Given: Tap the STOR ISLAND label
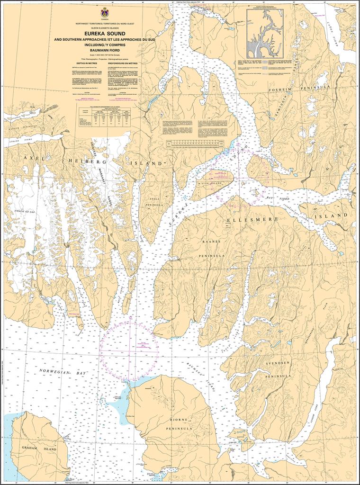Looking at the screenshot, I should click(212, 182).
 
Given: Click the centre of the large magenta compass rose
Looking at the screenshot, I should click(129, 350).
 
